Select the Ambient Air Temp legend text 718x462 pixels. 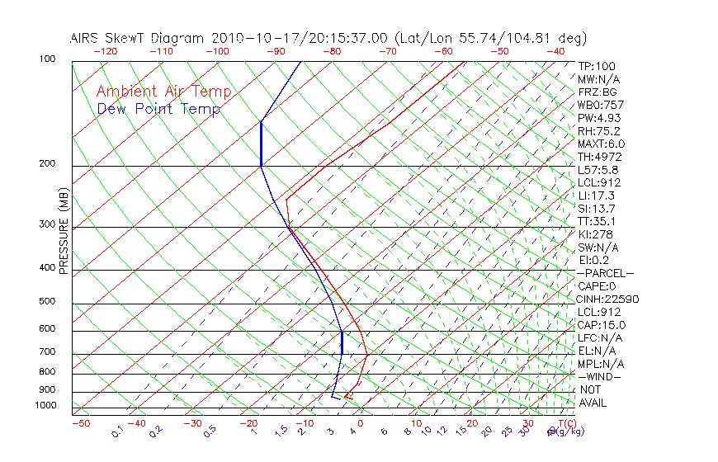[x=163, y=92]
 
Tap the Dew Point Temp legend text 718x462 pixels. [x=158, y=110]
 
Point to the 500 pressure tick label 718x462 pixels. [x=48, y=302]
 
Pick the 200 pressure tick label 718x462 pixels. [x=48, y=164]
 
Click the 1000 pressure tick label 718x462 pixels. [x=45, y=406]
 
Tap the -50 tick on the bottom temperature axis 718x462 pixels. [x=80, y=423]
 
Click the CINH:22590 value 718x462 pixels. [x=608, y=299]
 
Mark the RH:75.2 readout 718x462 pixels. [x=598, y=131]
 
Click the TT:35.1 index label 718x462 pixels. [x=597, y=221]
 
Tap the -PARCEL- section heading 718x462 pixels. [x=606, y=273]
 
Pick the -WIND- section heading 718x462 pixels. [x=600, y=377]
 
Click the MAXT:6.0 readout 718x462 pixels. [x=602, y=144]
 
